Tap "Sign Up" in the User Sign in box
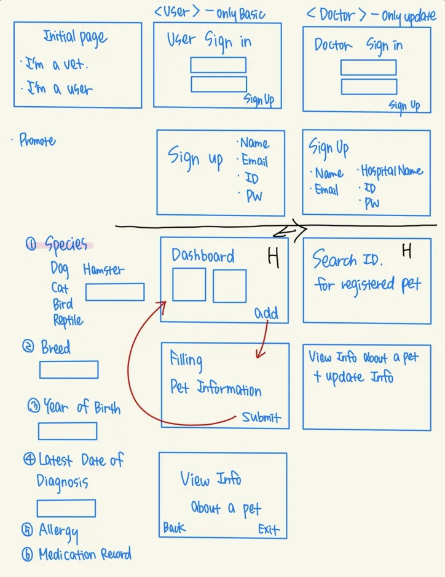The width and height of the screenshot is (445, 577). click(x=259, y=99)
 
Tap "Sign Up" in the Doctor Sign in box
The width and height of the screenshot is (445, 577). click(x=404, y=106)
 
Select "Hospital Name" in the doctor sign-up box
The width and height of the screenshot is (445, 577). click(x=392, y=171)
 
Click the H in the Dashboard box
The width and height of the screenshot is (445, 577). click(x=274, y=258)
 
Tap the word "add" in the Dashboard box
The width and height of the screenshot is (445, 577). click(x=266, y=313)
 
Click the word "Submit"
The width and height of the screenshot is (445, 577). click(x=261, y=417)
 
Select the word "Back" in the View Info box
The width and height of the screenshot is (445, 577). click(x=175, y=528)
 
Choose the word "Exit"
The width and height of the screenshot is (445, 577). click(x=269, y=529)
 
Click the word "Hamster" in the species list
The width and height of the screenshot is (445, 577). click(x=103, y=269)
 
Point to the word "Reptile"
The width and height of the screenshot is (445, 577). click(x=68, y=320)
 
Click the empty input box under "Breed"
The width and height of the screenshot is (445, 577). click(x=69, y=370)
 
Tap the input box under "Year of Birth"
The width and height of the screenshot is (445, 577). click(x=68, y=431)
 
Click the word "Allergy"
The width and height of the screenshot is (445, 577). click(x=58, y=531)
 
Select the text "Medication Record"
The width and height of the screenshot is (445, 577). click(x=85, y=555)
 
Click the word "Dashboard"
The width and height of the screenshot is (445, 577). click(x=203, y=256)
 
